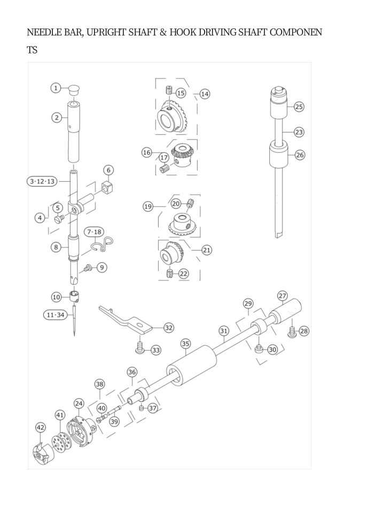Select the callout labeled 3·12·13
click(x=42, y=181)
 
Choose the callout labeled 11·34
click(x=55, y=315)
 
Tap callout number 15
click(x=181, y=93)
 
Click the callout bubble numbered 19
click(x=148, y=206)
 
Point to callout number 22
click(x=183, y=274)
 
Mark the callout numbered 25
click(x=299, y=107)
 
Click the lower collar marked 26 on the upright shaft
click(x=279, y=155)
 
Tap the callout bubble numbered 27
click(x=283, y=295)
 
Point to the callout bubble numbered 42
click(x=41, y=427)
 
